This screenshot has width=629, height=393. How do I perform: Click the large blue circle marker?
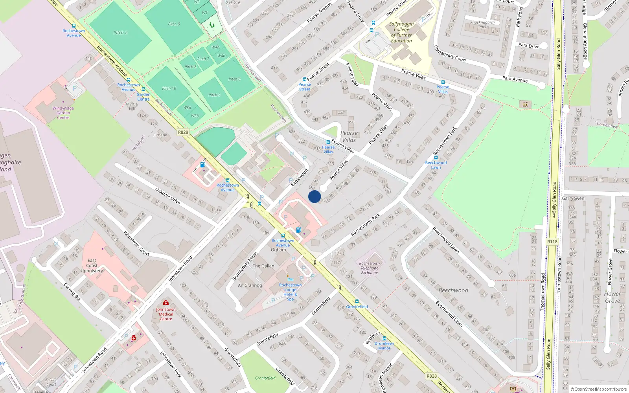point(314,196)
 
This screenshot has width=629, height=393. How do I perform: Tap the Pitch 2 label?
point(120,33)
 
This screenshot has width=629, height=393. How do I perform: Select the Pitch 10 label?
point(169,88)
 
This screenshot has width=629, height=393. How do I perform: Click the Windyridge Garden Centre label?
point(63,113)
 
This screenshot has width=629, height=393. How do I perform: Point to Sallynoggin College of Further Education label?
point(401,32)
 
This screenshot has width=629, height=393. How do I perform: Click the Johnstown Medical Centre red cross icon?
point(166,303)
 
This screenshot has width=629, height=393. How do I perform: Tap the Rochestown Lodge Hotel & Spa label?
point(291,292)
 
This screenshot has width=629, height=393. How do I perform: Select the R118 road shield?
point(552,242)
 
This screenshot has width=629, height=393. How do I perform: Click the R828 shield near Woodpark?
point(183,132)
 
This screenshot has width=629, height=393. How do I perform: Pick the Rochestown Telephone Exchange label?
point(370,268)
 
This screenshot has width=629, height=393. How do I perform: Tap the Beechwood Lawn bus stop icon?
point(436,158)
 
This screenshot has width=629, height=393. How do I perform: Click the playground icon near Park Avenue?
point(525,105)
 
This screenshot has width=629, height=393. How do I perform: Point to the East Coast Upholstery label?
point(92,265)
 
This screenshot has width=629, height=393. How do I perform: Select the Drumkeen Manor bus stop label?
point(384,346)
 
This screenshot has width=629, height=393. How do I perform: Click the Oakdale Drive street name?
point(167,196)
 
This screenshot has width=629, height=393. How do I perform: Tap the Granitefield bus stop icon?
point(357,302)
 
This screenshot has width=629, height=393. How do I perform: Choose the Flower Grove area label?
point(612,297)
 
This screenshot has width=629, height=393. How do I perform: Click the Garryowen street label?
point(573,198)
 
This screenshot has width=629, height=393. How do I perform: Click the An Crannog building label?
point(250,285)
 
